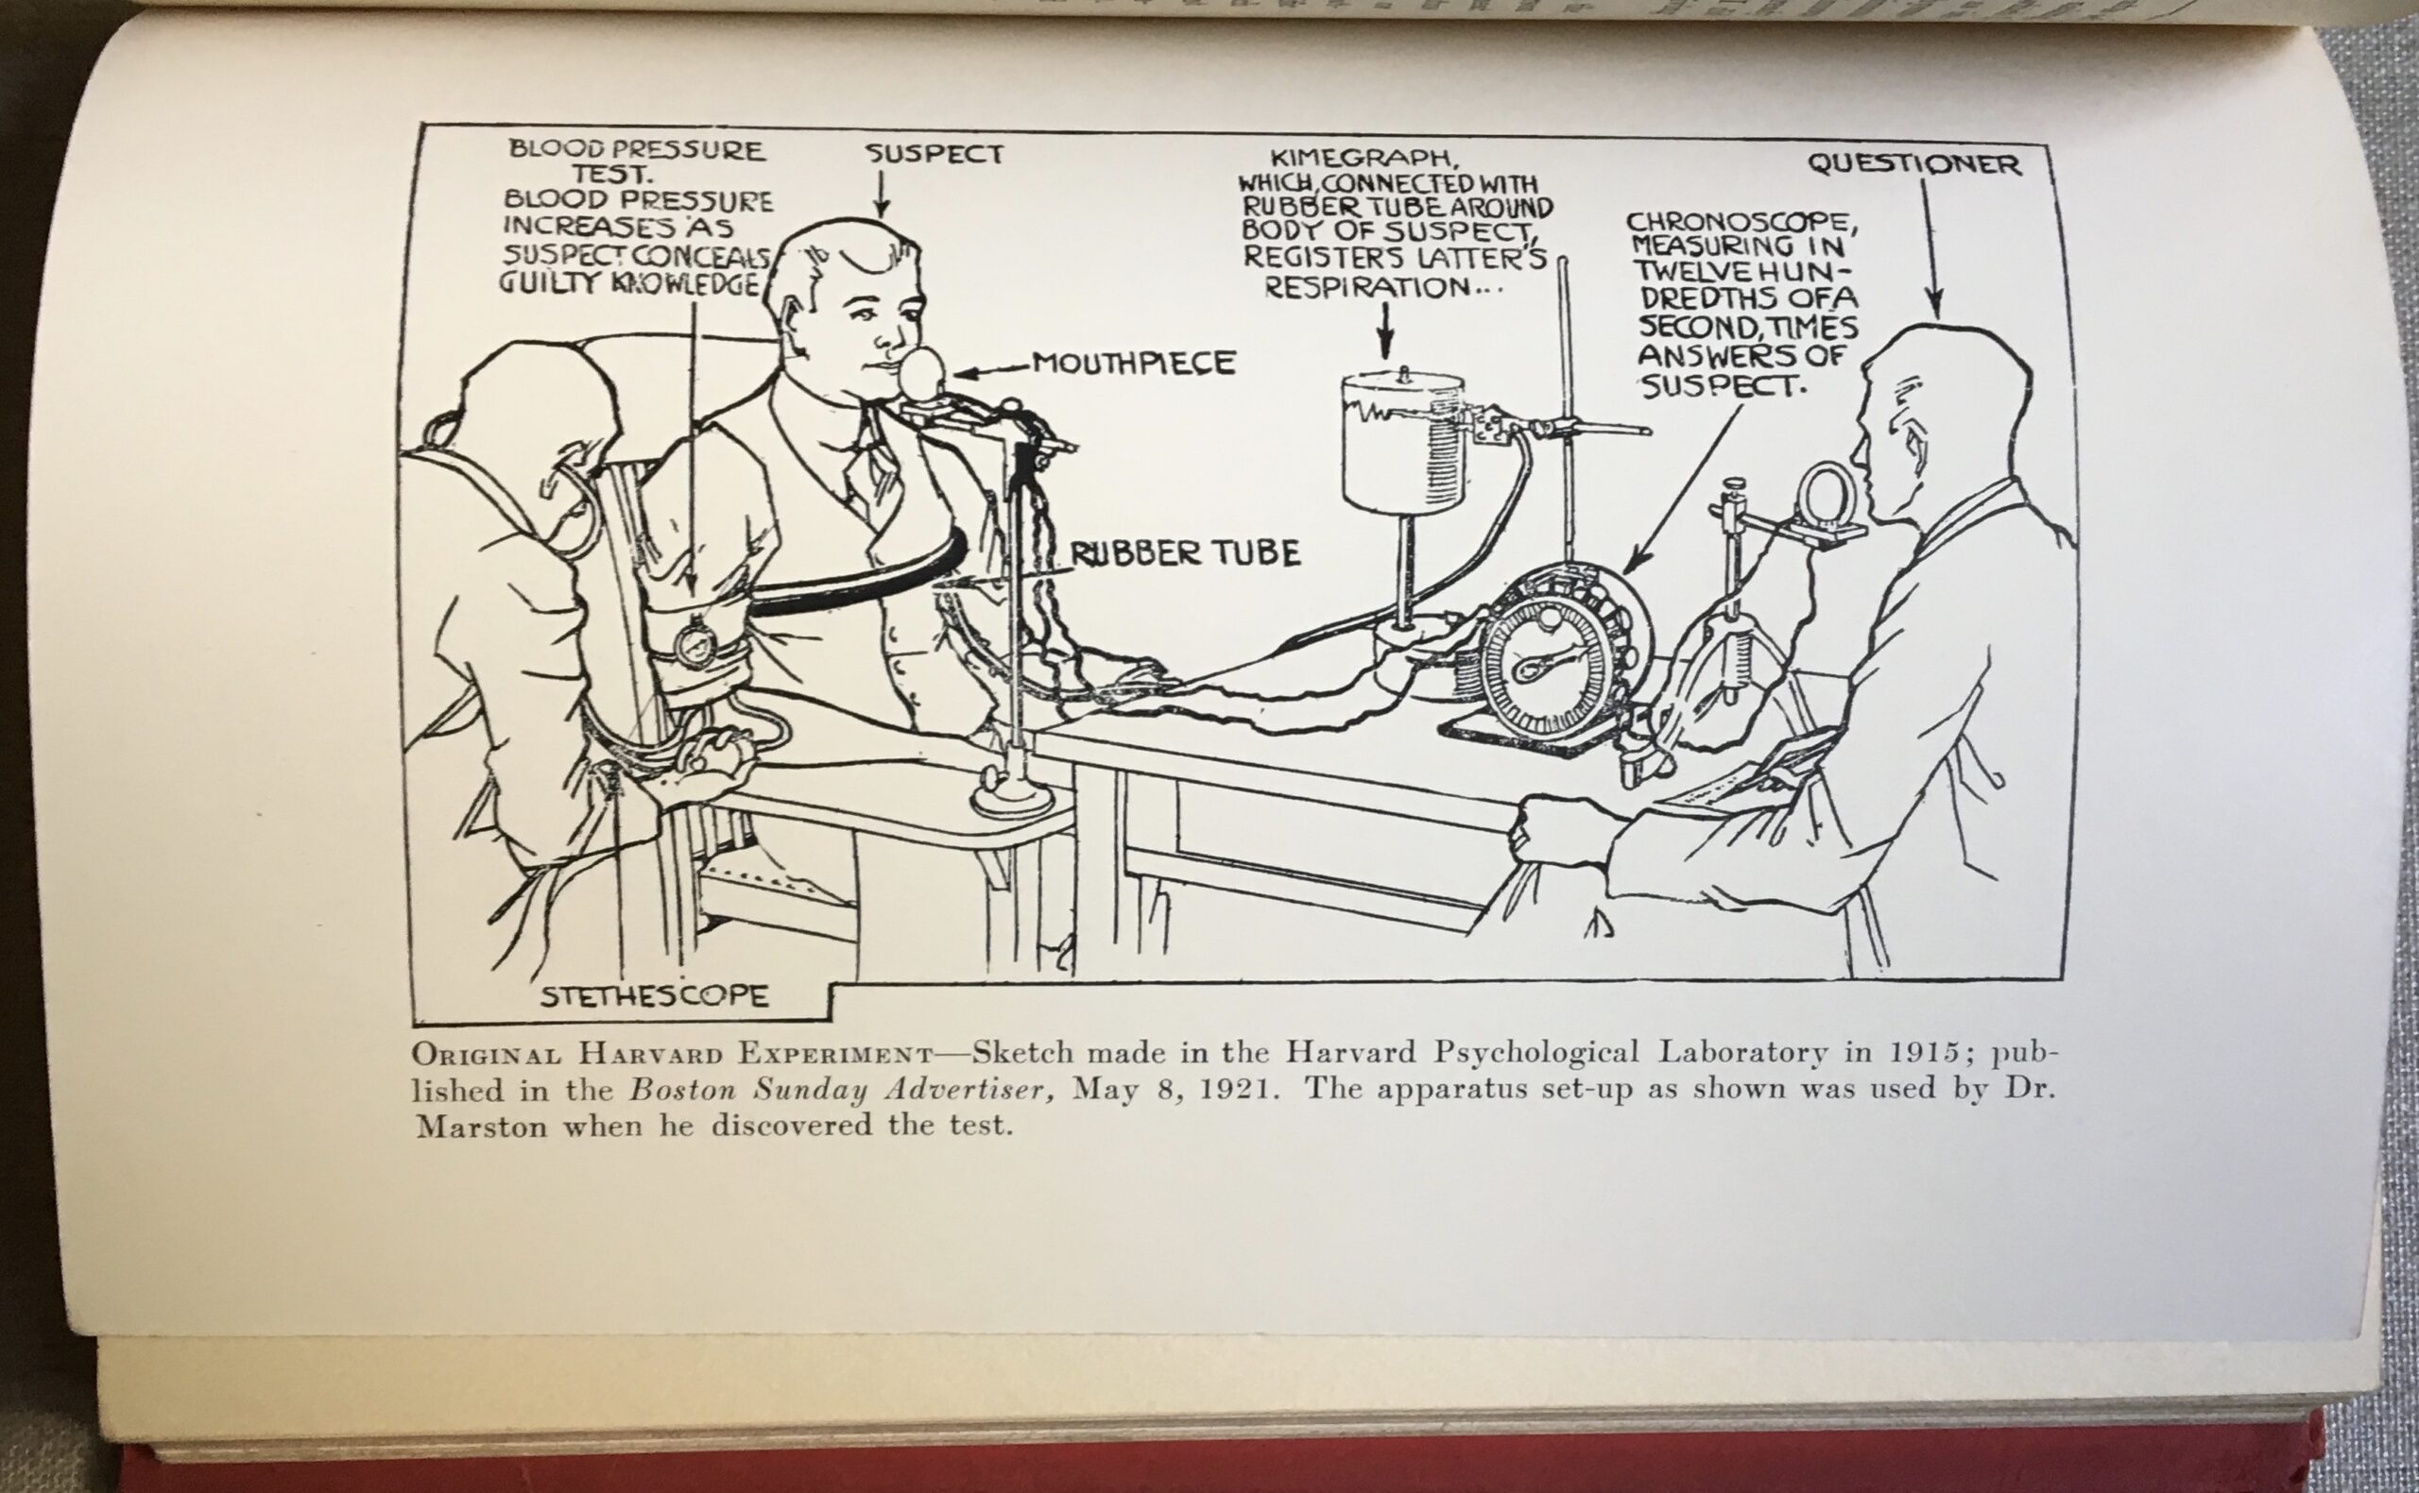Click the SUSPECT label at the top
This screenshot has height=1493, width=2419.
(935, 153)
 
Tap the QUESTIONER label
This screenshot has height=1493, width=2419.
(1914, 164)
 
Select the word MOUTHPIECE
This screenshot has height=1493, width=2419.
(1133, 364)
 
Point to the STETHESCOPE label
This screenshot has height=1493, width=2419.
(654, 995)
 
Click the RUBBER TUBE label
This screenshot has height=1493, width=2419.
(1185, 554)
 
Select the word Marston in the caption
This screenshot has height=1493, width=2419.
(481, 1127)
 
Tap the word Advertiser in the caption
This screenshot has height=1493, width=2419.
(957, 1089)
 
